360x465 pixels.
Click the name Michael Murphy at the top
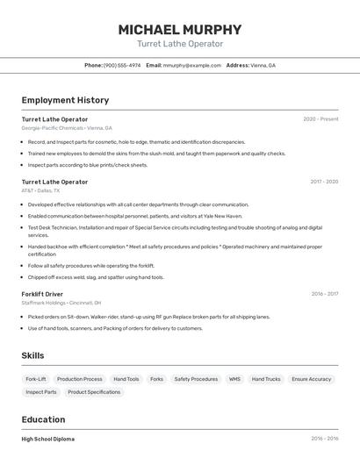180,30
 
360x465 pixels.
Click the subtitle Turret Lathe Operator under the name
180,44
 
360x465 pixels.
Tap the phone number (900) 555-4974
122,65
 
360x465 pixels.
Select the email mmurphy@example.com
191,65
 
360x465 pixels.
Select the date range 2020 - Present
320,119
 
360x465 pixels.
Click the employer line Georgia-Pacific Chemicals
65,127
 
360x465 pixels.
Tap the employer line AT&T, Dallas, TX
41,190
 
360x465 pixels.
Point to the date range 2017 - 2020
324,182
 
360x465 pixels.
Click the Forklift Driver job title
42,294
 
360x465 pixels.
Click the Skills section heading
32,355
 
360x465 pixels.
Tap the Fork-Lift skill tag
36,379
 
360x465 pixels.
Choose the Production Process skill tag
80,379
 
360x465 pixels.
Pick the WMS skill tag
234,379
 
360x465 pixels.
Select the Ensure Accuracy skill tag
312,379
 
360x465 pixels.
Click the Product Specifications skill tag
94,392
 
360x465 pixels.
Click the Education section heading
43,419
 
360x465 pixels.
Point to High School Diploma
48,439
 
